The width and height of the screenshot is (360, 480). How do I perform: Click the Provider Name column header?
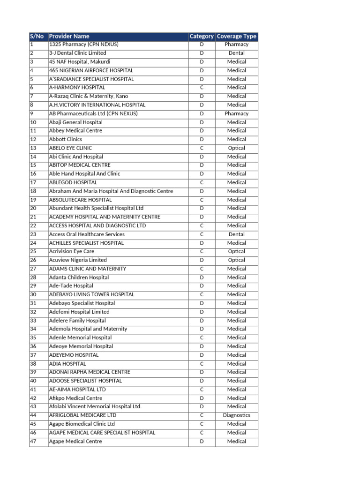click(x=69, y=36)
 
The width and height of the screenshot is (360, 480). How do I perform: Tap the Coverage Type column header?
click(x=236, y=36)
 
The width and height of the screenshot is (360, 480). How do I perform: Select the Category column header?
click(x=202, y=36)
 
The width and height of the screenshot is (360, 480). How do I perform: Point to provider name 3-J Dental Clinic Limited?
click(x=77, y=53)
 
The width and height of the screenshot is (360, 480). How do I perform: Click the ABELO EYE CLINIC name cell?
click(x=74, y=148)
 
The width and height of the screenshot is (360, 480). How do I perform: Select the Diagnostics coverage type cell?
click(x=236, y=415)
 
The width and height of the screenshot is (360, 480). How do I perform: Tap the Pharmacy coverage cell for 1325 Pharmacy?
click(x=236, y=45)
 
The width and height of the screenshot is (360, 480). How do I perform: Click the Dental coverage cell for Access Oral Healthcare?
click(x=236, y=234)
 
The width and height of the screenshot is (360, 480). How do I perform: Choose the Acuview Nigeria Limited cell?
click(x=78, y=260)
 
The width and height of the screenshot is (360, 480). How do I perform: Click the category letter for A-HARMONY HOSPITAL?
click(x=202, y=88)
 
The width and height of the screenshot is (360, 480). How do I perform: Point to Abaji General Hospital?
click(x=75, y=122)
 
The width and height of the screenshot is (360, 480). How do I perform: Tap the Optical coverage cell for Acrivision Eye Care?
click(x=236, y=252)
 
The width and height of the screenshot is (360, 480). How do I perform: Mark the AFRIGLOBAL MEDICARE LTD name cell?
click(x=82, y=415)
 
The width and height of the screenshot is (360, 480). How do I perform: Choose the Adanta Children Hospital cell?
click(x=79, y=277)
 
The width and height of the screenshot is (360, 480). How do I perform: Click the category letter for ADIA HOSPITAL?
click(x=202, y=364)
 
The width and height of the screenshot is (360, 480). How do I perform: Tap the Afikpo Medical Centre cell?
click(x=75, y=398)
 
